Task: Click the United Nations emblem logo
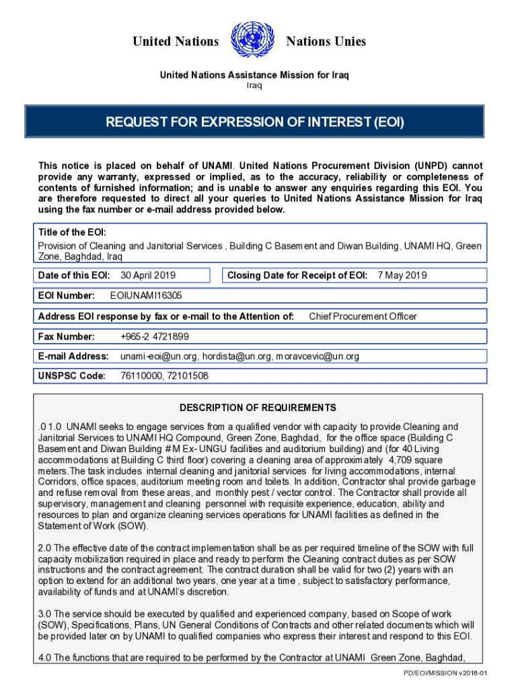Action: (x=252, y=40)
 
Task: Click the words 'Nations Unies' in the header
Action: (x=326, y=42)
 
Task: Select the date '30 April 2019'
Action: (x=148, y=275)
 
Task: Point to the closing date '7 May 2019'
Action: (x=402, y=275)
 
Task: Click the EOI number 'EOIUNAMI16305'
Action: (x=145, y=295)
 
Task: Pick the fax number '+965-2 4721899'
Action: (x=155, y=336)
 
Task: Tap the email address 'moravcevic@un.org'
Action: (x=318, y=357)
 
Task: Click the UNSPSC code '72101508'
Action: (x=186, y=376)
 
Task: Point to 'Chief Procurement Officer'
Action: (x=363, y=316)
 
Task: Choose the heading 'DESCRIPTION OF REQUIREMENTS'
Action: (x=258, y=408)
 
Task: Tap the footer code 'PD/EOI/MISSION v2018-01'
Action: (x=445, y=674)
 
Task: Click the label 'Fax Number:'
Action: (x=66, y=336)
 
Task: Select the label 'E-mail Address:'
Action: (x=73, y=357)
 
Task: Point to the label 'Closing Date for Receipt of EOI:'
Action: (x=297, y=275)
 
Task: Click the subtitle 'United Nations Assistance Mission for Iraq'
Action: (x=254, y=75)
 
